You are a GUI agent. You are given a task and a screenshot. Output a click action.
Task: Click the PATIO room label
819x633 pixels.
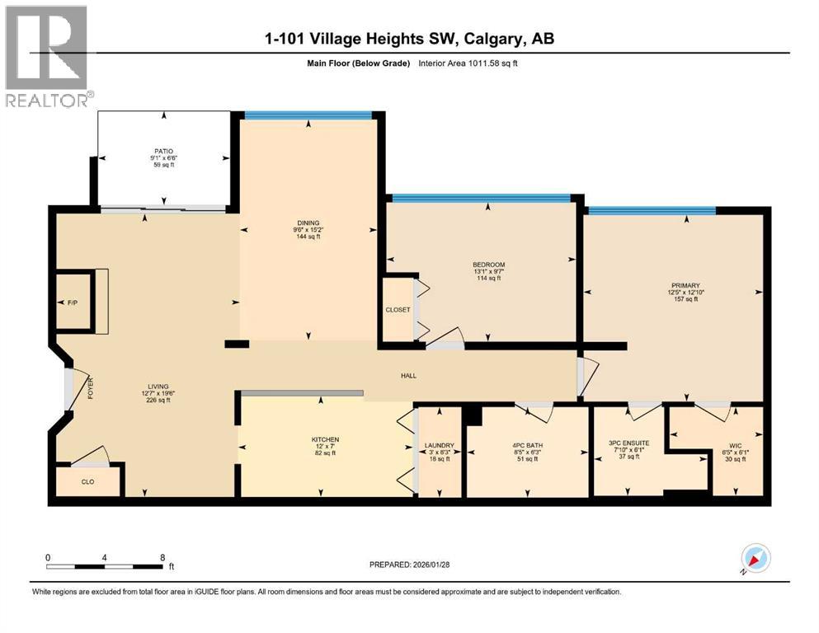pyautogui.click(x=162, y=151)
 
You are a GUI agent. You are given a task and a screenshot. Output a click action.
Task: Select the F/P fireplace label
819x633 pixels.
pyautogui.click(x=72, y=303)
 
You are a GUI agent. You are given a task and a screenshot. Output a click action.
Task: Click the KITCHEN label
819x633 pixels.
pyautogui.click(x=325, y=439)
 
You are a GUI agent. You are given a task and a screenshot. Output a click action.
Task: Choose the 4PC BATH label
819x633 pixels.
pyautogui.click(x=527, y=446)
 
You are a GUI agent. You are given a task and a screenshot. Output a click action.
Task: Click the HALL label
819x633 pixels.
pyautogui.click(x=408, y=376)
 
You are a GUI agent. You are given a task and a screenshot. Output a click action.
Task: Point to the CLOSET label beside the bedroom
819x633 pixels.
pyautogui.click(x=398, y=311)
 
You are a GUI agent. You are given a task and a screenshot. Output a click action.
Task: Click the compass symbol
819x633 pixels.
pyautogui.click(x=755, y=560)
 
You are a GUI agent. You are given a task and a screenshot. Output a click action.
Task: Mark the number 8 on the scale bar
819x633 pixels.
pyautogui.click(x=162, y=557)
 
